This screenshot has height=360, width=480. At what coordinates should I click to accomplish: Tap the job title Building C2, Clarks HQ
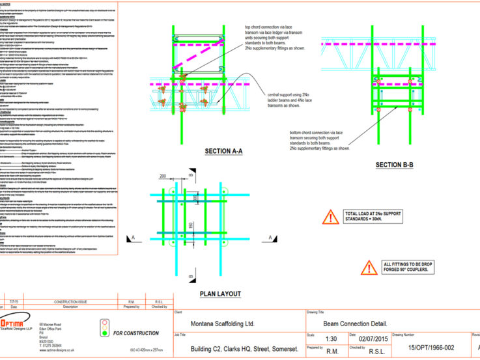point(239,348)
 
